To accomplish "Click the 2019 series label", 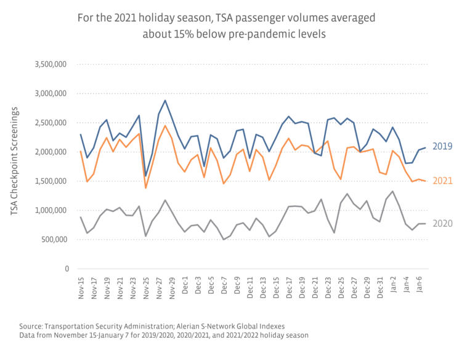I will tap(442, 146).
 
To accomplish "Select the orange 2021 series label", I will tap(442, 181).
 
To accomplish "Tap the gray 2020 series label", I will tap(442, 223).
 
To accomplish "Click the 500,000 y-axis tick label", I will tap(54, 239).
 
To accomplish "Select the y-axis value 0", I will tap(67, 269).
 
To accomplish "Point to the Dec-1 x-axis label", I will tap(185, 287).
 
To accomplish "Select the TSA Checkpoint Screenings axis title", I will tap(15, 161).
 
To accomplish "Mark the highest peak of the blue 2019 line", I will tap(165, 100).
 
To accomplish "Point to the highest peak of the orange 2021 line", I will tap(165, 126).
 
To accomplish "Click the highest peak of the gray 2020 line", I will tap(392, 191).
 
